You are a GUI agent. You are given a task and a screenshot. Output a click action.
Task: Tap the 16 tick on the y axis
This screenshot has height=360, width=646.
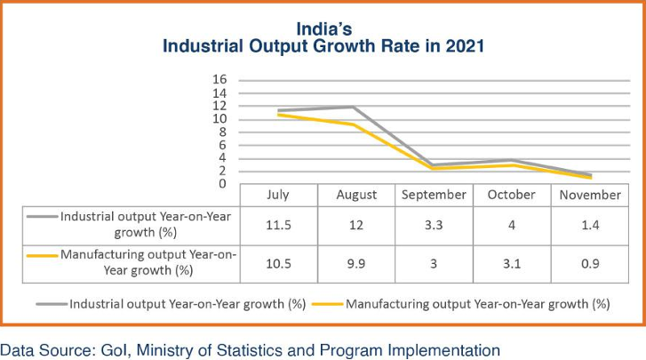click(219, 80)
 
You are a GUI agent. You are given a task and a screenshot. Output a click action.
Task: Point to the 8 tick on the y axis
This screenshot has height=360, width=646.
click(222, 132)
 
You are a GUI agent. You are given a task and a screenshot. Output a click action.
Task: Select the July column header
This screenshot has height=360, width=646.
click(278, 195)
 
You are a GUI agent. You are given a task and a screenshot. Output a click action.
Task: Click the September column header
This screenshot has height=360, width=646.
click(434, 195)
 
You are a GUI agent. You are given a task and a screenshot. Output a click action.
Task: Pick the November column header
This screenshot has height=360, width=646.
click(590, 195)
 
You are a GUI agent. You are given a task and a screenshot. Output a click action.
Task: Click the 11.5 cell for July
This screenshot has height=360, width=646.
click(278, 225)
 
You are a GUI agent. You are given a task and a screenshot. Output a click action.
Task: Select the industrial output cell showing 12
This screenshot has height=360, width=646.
click(356, 225)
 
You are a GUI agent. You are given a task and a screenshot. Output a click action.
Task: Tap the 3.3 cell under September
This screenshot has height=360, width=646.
click(434, 225)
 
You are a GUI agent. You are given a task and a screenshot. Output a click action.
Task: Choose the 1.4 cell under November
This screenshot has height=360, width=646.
click(590, 225)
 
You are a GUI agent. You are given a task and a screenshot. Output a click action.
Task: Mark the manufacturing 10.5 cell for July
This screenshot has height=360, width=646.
click(278, 264)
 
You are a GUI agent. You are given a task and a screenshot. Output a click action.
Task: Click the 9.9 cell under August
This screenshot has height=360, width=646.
click(356, 264)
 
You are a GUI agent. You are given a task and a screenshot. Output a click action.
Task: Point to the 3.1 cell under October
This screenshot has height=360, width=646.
click(512, 264)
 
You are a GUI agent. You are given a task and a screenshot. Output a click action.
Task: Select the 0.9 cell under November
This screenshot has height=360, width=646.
click(590, 264)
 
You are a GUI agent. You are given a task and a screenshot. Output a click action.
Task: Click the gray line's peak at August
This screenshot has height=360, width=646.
click(354, 107)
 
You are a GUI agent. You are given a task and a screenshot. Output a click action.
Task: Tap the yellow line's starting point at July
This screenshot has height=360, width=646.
click(279, 115)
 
